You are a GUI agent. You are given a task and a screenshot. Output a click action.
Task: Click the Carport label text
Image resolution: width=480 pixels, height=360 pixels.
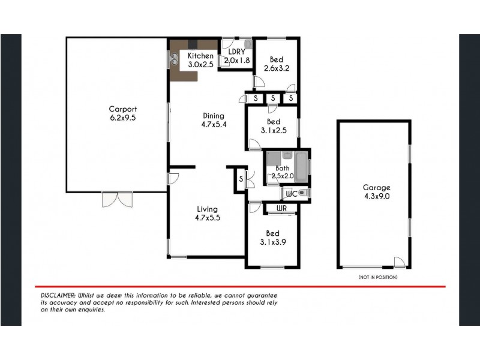click(x=123, y=109)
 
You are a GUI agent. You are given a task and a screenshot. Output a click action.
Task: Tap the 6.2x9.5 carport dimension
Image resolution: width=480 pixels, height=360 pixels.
click(x=123, y=118)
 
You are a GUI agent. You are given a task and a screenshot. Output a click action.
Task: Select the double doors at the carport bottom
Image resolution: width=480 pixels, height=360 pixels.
click(x=116, y=199)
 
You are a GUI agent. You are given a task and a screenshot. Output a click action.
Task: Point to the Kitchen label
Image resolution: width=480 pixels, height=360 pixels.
click(x=200, y=56)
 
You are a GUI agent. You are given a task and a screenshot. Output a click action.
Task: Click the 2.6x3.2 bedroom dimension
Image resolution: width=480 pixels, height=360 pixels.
click(x=277, y=68)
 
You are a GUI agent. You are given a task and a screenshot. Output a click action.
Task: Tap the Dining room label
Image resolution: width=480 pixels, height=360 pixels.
click(x=213, y=116)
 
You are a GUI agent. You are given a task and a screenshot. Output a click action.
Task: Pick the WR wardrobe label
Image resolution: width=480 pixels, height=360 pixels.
click(x=281, y=208)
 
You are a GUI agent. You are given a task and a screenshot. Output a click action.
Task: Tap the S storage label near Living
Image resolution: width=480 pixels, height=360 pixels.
click(x=241, y=178)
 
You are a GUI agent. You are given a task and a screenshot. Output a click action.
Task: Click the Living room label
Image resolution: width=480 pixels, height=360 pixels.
click(x=208, y=209)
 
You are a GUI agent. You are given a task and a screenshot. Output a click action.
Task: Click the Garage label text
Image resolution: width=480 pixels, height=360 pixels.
click(x=376, y=187)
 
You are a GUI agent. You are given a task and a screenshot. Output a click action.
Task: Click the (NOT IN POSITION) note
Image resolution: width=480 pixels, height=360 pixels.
click(x=377, y=277)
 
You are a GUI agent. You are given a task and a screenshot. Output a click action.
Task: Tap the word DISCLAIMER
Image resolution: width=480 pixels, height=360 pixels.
click(x=58, y=296)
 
